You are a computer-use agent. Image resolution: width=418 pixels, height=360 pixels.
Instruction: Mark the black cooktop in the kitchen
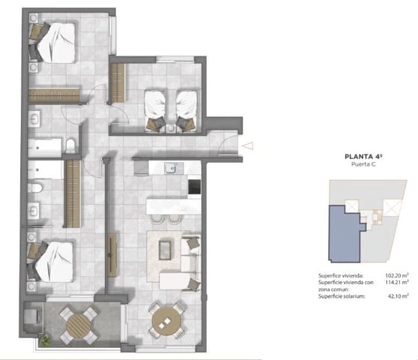point(193,185)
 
